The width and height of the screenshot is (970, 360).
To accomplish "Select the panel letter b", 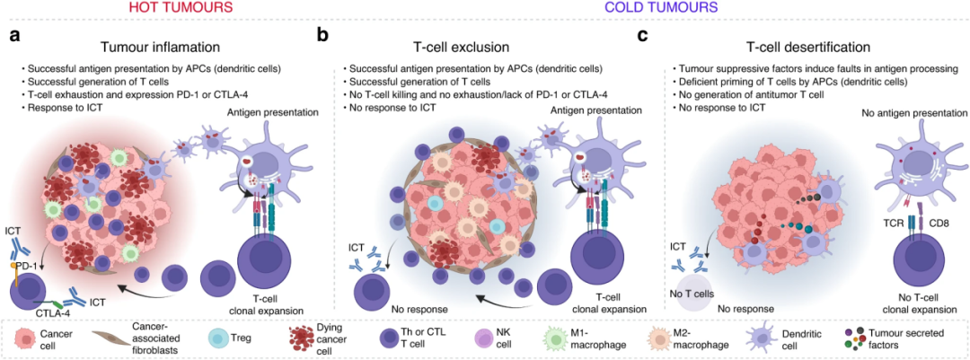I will click(322, 36).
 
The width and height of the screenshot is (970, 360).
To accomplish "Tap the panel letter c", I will click(641, 36).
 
